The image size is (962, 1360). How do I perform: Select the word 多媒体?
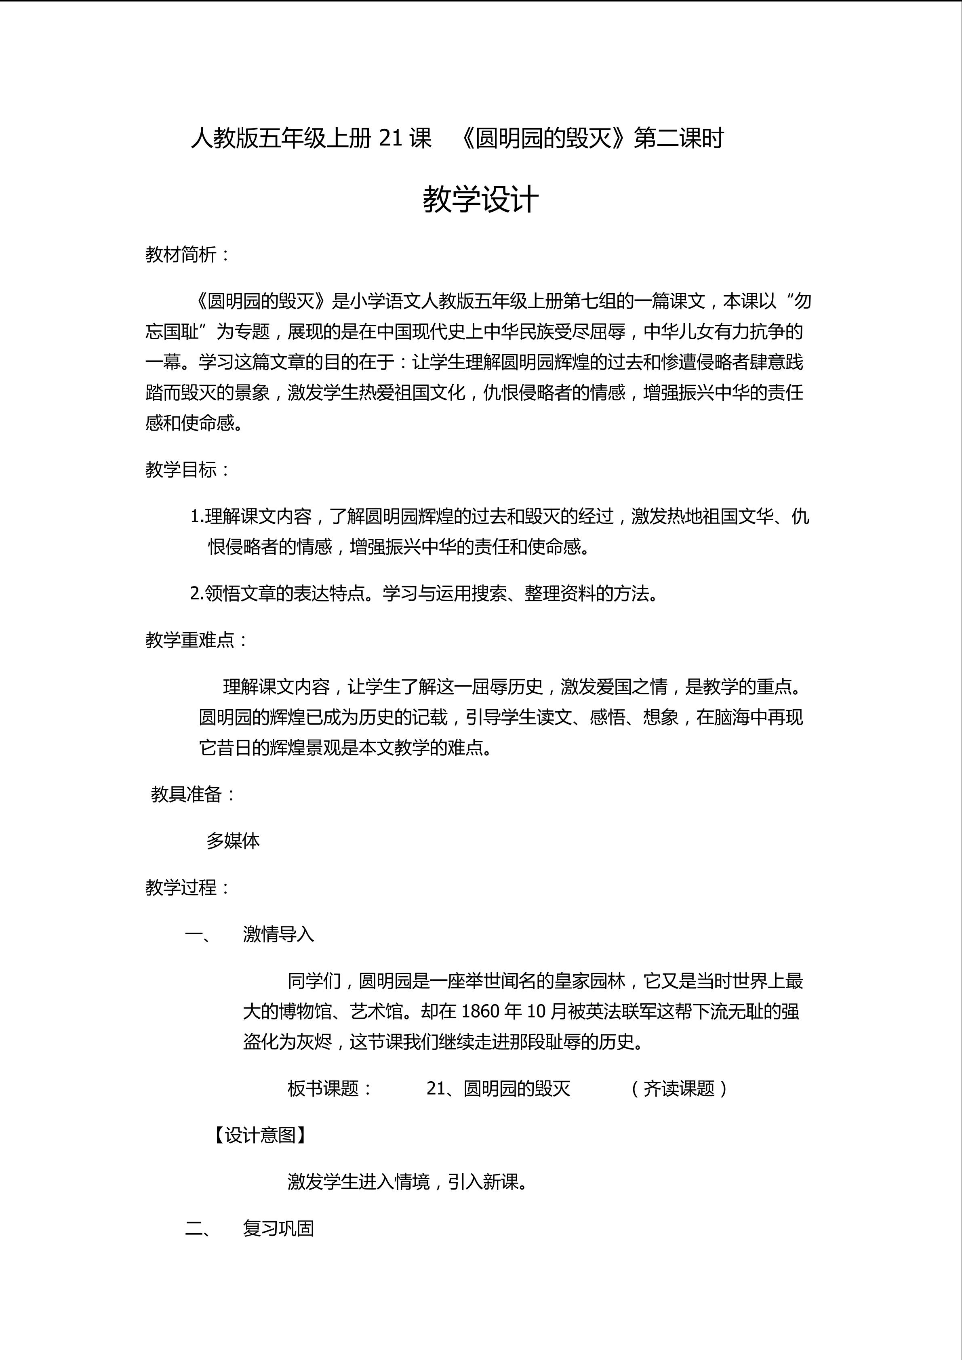(x=233, y=841)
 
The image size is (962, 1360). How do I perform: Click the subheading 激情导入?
(x=278, y=935)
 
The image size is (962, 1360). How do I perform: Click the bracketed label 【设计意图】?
(x=259, y=1135)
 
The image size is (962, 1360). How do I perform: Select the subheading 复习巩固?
(x=278, y=1229)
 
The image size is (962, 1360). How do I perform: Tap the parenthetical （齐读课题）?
(x=679, y=1089)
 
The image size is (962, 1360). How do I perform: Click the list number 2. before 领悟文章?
(x=197, y=593)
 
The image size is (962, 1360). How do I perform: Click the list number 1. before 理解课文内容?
(x=197, y=517)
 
